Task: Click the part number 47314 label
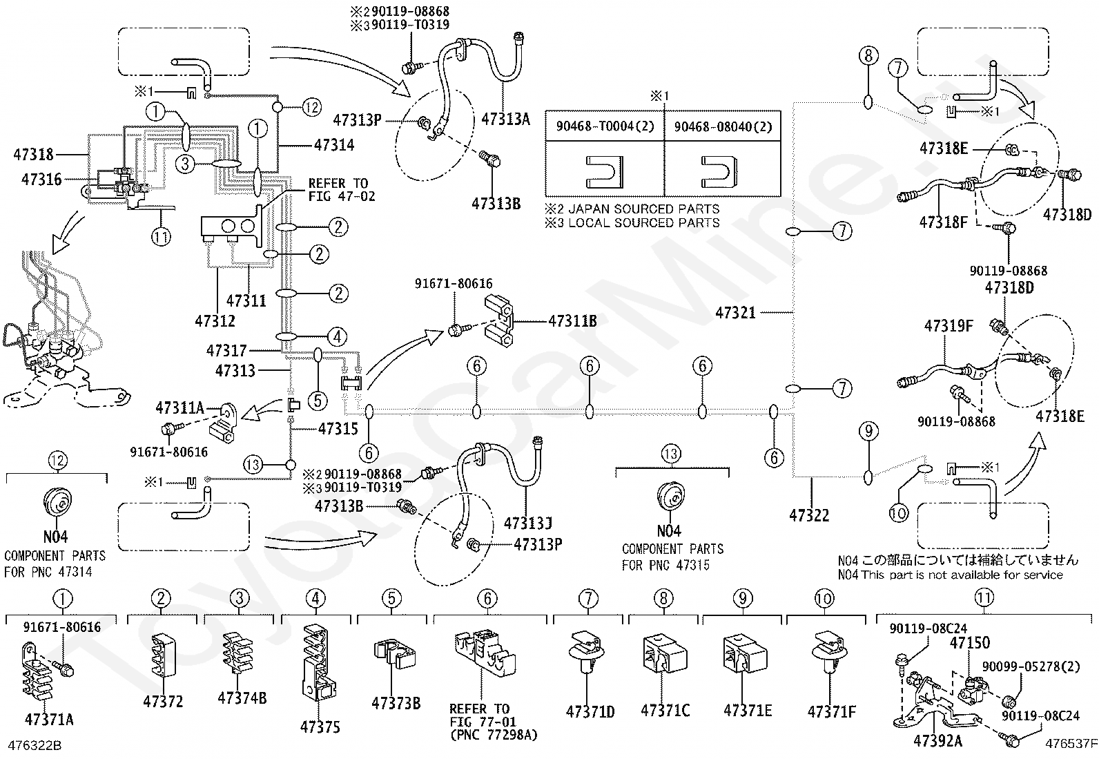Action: coord(334,145)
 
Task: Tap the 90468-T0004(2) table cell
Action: coord(605,126)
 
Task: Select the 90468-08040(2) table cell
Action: coord(723,126)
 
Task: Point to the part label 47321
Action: coord(735,313)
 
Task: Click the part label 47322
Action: coord(809,515)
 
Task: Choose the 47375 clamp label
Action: coord(320,727)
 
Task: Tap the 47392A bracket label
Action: coord(937,740)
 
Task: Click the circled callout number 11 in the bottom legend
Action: coord(984,597)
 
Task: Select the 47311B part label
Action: coord(572,321)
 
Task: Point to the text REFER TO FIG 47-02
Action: coord(342,190)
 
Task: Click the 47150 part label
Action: coord(969,643)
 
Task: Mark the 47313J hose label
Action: coord(528,523)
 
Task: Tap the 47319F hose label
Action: coord(949,325)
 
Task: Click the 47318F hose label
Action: coord(943,222)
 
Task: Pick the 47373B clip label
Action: coord(396,704)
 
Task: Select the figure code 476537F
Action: coord(1071,744)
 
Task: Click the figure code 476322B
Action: coord(35,745)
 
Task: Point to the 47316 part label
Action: coord(41,180)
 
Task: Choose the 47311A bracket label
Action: coord(179,408)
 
